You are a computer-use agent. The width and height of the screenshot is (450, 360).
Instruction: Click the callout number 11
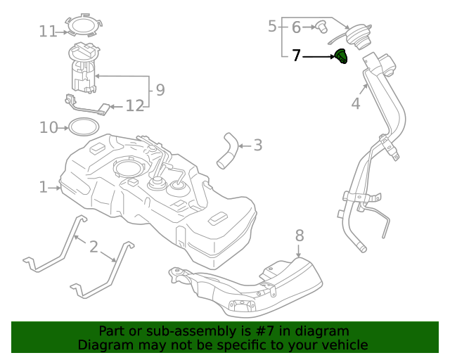pyautogui.click(x=48, y=31)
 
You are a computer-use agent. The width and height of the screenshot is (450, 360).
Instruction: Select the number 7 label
pyautogui.click(x=296, y=55)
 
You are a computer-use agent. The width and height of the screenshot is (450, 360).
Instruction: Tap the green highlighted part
pyautogui.click(x=341, y=56)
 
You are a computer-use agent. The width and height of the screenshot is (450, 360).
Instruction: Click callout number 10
pyautogui.click(x=48, y=127)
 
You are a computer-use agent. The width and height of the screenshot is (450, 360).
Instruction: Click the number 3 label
pyautogui.click(x=258, y=146)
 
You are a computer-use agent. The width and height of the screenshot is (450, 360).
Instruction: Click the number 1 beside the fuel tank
pyautogui.click(x=43, y=187)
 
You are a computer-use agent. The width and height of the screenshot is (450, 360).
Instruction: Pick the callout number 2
pyautogui.click(x=94, y=247)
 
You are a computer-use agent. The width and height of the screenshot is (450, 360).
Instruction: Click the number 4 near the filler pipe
pyautogui.click(x=356, y=104)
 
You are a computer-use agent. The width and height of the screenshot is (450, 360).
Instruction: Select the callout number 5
pyautogui.click(x=272, y=27)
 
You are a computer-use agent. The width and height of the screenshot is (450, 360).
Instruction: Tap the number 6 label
pyautogui.click(x=296, y=27)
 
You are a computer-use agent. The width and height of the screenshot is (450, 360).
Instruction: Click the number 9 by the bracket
pyautogui.click(x=160, y=89)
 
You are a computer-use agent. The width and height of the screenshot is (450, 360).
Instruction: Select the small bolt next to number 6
pyautogui.click(x=322, y=27)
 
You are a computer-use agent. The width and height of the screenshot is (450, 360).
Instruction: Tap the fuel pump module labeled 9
pyautogui.click(x=84, y=69)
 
